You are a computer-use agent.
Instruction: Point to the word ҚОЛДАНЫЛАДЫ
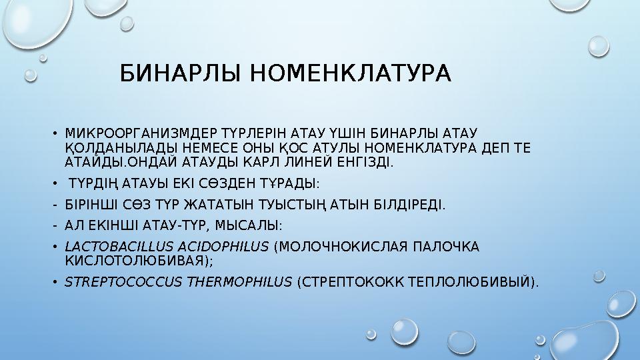tap(110, 147)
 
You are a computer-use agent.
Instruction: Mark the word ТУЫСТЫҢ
tap(287, 204)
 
